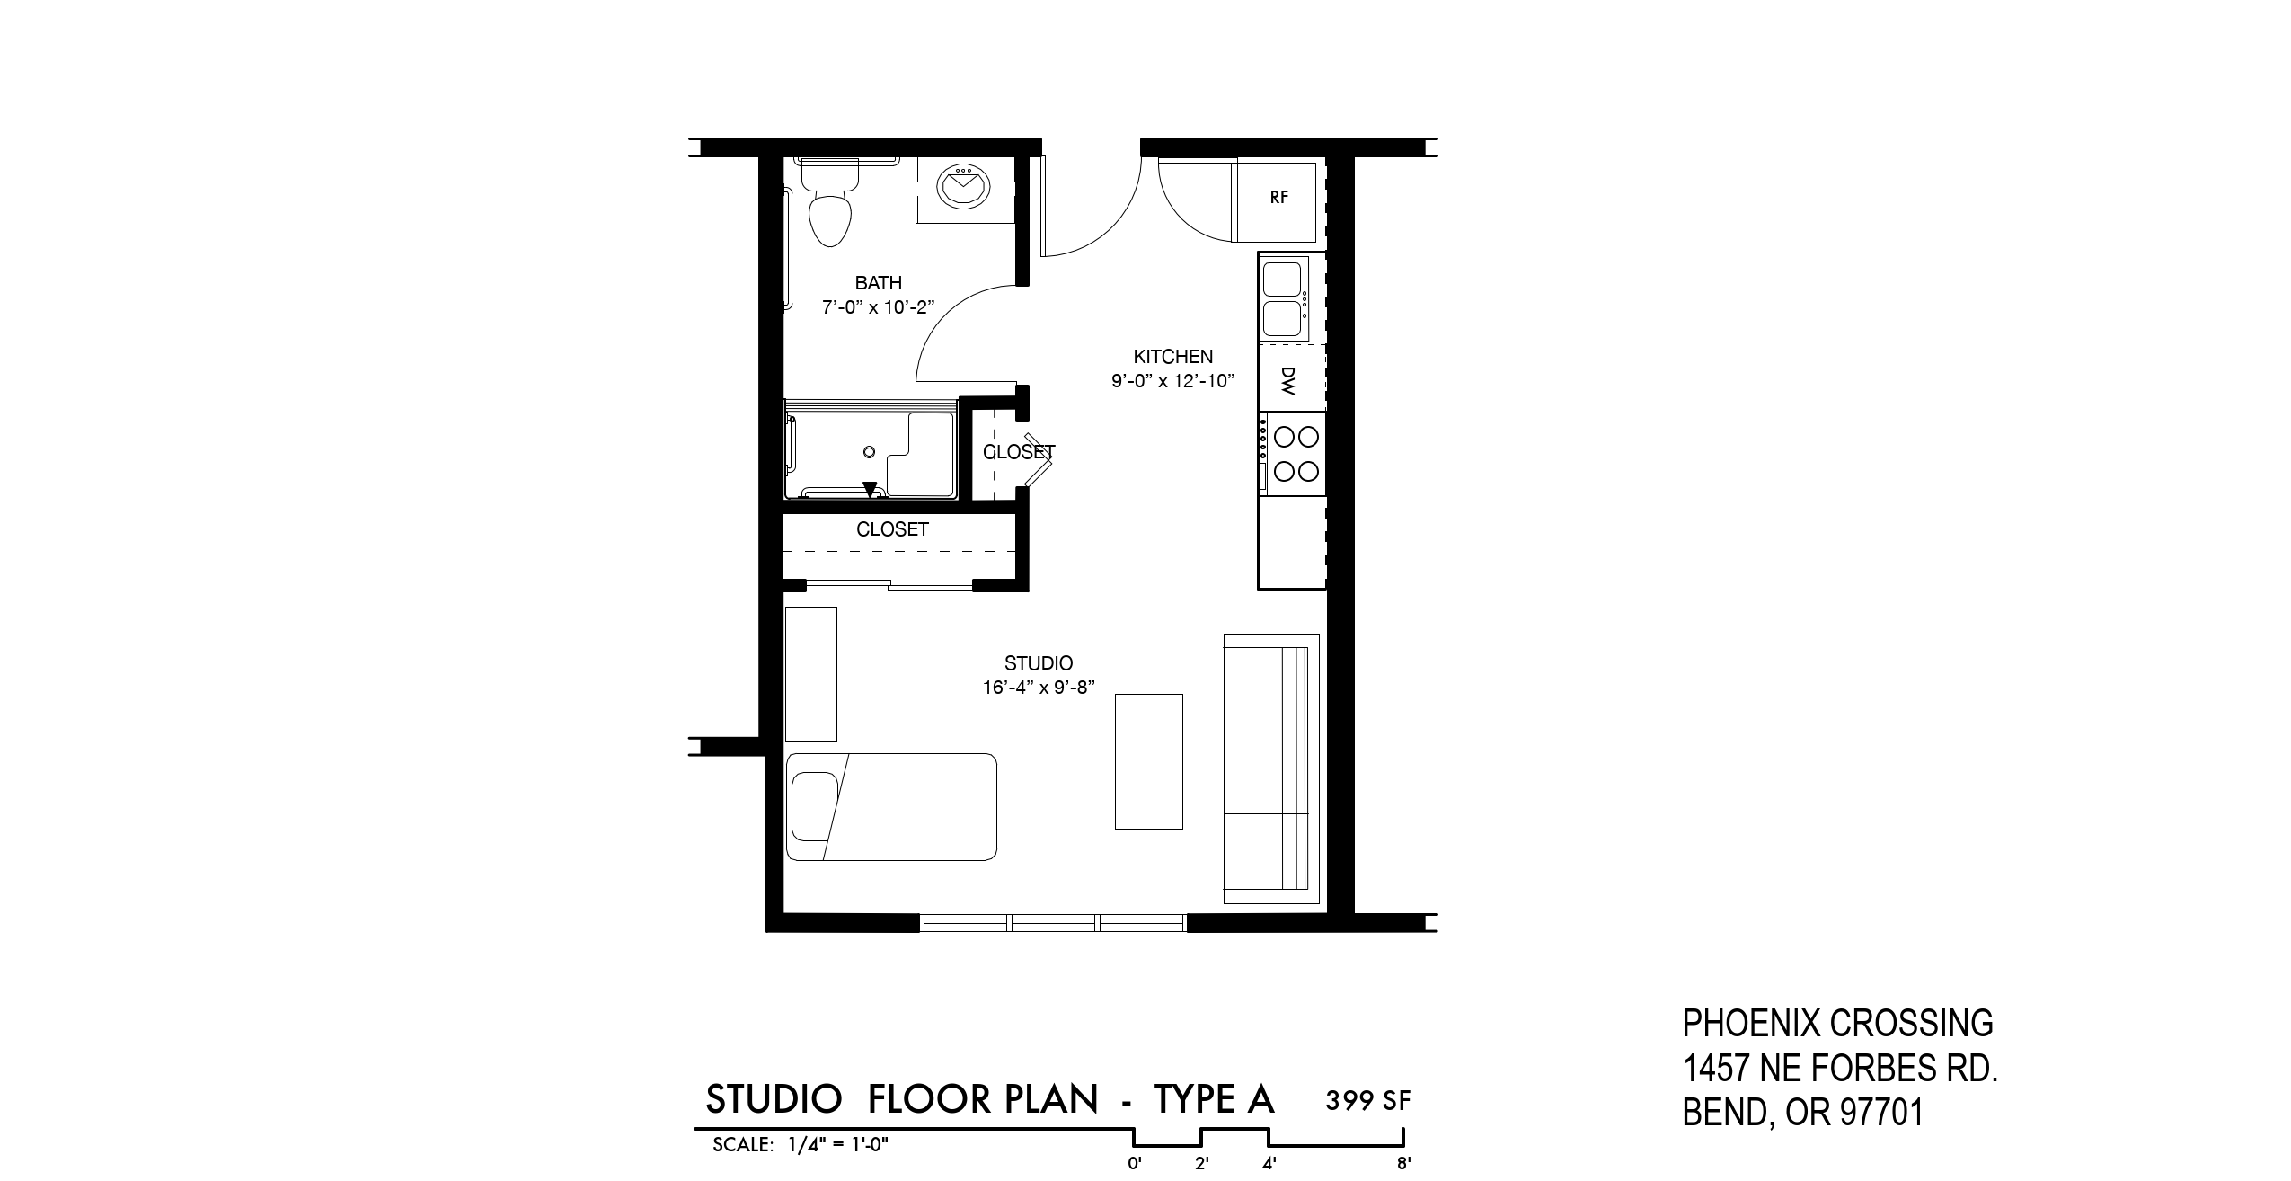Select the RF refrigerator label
pyautogui.click(x=1279, y=198)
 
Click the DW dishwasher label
pyautogui.click(x=1287, y=381)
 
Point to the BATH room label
pyautogui.click(x=878, y=283)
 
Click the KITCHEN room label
pyautogui.click(x=1172, y=357)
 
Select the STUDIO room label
pyautogui.click(x=1039, y=663)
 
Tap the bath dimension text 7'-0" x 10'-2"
pyautogui.click(x=879, y=307)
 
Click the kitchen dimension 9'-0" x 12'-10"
pyautogui.click(x=1172, y=381)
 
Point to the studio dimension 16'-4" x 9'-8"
pyautogui.click(x=1039, y=688)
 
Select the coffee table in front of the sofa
pyautogui.click(x=1148, y=761)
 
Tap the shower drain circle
pyautogui.click(x=869, y=452)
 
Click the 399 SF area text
pyautogui.click(x=1368, y=1100)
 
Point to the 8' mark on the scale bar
pyautogui.click(x=1403, y=1164)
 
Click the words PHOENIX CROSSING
pyautogui.click(x=1837, y=1023)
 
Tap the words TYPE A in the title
pyautogui.click(x=1214, y=1099)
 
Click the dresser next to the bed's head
pyautogui.click(x=811, y=674)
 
